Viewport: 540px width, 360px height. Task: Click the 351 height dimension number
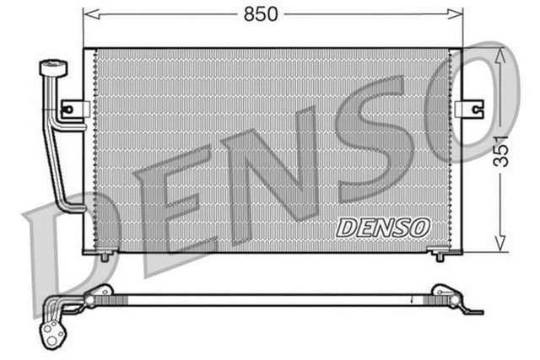click(502, 150)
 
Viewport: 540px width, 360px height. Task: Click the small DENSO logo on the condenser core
click(383, 227)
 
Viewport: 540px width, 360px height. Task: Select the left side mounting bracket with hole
click(74, 109)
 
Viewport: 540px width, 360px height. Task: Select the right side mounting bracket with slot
click(470, 110)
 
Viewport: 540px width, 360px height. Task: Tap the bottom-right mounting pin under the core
click(440, 255)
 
